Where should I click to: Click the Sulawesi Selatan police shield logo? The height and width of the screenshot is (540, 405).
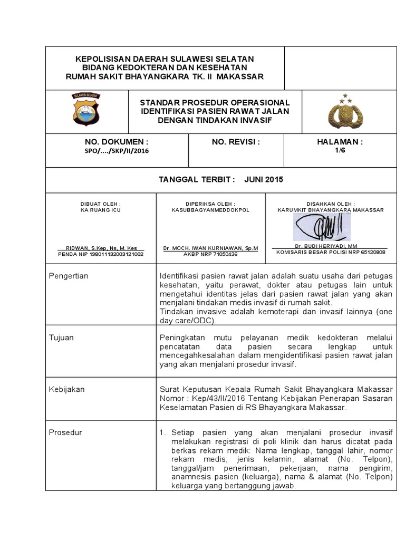click(x=88, y=109)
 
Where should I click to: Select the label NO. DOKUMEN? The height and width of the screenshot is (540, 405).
click(x=116, y=142)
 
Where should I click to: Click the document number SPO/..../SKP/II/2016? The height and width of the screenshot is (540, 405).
click(x=117, y=151)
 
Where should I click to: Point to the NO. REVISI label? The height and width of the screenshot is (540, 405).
click(x=236, y=142)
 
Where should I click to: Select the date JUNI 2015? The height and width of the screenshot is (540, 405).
click(x=264, y=179)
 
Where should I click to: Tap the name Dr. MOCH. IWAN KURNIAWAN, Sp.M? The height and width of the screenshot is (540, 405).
click(x=210, y=247)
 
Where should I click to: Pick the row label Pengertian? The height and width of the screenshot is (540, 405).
click(x=69, y=276)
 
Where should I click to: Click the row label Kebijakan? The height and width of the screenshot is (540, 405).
click(x=66, y=389)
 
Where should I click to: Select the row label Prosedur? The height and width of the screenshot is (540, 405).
click(x=65, y=432)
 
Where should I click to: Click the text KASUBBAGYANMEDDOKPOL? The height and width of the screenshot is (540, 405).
click(x=210, y=209)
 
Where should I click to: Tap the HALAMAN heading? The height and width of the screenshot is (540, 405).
click(x=340, y=142)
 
